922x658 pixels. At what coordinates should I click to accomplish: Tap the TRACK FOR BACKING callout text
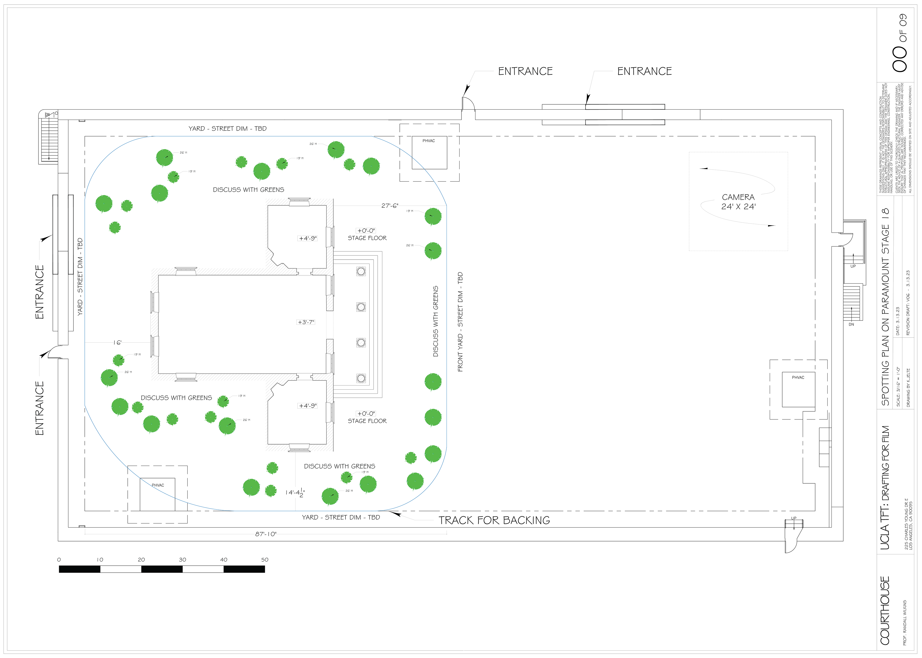point(494,520)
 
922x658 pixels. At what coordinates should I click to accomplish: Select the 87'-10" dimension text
point(266,534)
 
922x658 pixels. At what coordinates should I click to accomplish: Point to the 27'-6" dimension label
point(390,206)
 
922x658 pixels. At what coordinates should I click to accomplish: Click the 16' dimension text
point(118,343)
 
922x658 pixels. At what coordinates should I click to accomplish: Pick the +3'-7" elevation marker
point(306,322)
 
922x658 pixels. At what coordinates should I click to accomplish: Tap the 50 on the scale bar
point(265,560)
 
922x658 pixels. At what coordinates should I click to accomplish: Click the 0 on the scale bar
point(59,560)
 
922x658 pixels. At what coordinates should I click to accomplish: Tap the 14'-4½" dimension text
point(295,493)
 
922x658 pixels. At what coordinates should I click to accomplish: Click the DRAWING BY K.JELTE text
point(908,388)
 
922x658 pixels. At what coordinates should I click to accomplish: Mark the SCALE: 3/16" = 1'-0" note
point(898,387)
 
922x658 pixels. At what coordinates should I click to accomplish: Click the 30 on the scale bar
point(182,560)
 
